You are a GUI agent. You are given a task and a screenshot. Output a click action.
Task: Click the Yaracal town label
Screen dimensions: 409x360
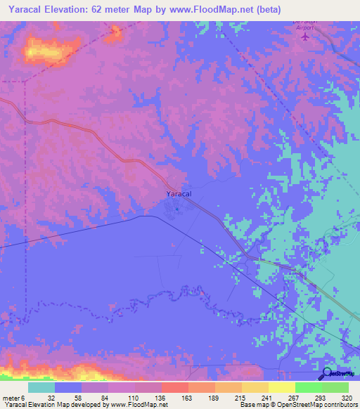point(179,194)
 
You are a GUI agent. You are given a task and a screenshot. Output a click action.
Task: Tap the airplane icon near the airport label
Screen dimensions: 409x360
point(304,37)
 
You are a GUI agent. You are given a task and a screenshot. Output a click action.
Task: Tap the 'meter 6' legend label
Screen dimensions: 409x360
point(13,397)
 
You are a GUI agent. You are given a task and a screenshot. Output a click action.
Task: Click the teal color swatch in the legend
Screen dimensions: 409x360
point(41,387)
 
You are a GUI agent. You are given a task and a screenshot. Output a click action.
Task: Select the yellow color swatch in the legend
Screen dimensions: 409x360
point(281,387)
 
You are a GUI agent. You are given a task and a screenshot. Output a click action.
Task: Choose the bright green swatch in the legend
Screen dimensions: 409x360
point(308,387)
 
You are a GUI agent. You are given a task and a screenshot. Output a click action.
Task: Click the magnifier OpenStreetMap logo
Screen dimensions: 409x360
point(328,374)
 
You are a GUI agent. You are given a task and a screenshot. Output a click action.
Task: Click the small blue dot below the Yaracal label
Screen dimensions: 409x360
point(177,207)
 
